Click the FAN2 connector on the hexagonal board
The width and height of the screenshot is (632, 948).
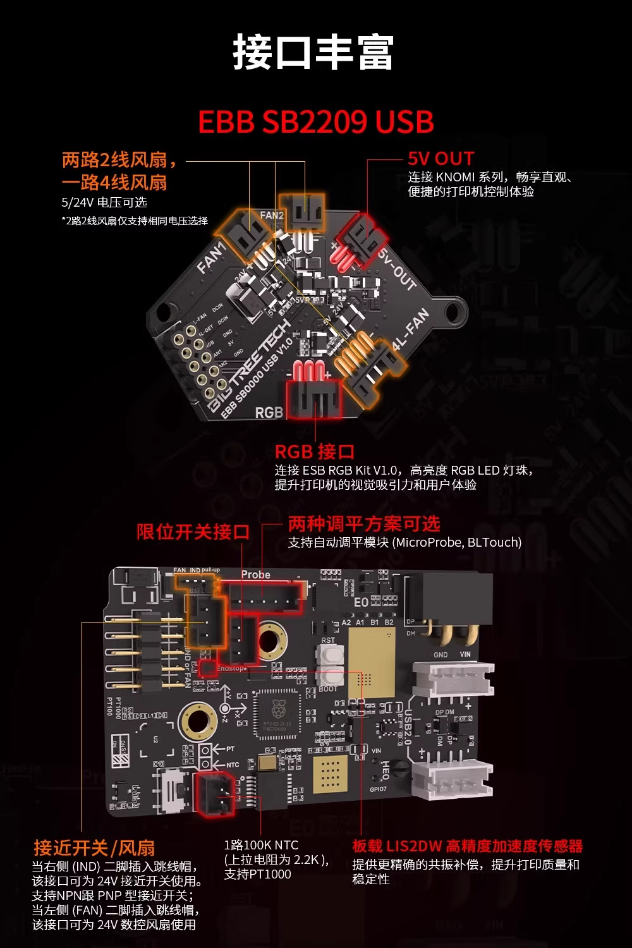tap(303, 210)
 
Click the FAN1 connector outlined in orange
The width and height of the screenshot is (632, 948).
tap(245, 235)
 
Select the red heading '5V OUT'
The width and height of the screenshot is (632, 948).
tap(441, 159)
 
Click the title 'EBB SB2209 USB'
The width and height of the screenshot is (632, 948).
tap(316, 122)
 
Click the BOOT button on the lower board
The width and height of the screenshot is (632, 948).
tap(328, 676)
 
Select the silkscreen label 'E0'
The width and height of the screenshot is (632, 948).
tap(361, 602)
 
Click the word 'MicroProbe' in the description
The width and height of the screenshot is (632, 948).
tap(428, 542)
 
